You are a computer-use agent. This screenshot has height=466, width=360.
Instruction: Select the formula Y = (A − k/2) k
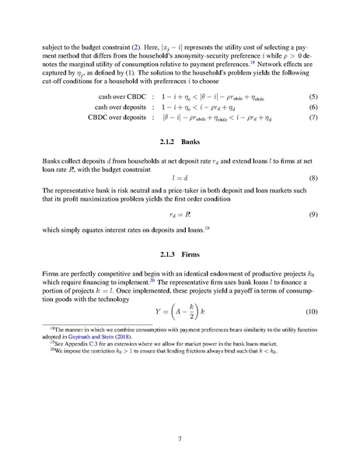pyautogui.click(x=180, y=312)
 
